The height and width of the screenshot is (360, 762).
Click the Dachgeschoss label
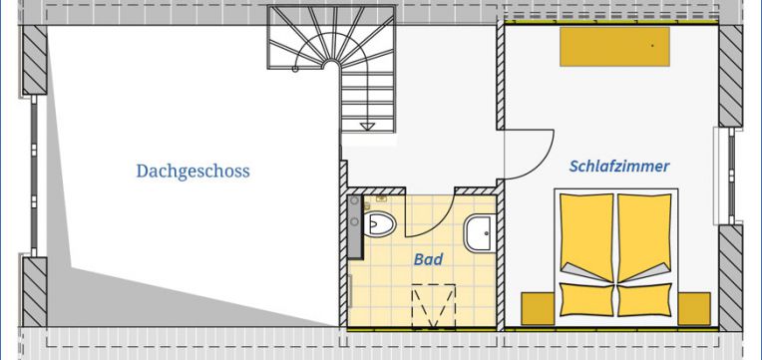click(x=192, y=172)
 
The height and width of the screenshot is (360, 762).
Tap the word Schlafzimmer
click(x=619, y=167)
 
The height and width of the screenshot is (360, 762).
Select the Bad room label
click(x=428, y=259)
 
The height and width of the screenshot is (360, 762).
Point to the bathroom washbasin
click(x=480, y=233)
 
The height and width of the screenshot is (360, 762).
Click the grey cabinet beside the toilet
click(x=354, y=227)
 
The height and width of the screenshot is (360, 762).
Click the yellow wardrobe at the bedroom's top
click(x=613, y=46)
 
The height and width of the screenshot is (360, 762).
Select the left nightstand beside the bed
click(x=539, y=308)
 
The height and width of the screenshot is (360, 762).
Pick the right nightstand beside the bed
click(x=693, y=308)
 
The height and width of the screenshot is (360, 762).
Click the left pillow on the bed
click(x=585, y=299)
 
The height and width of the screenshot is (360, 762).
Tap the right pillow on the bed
click(x=644, y=299)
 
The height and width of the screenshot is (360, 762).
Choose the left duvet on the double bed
click(x=585, y=235)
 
